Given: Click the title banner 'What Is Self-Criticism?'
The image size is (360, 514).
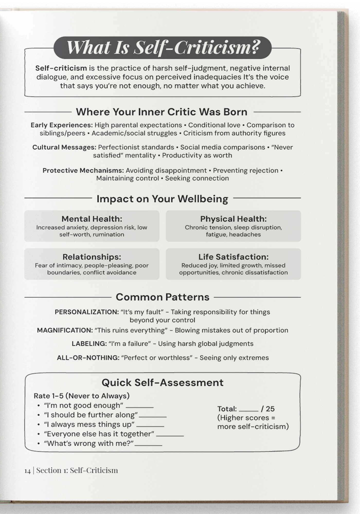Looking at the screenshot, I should point(163,48).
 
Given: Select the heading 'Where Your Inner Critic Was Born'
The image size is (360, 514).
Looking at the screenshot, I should point(161,112).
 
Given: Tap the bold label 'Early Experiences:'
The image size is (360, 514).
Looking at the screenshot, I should point(61,125).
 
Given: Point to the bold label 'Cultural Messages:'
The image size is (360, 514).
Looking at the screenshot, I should point(64,147).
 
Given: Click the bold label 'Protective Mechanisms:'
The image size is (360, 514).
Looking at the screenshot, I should point(83,170).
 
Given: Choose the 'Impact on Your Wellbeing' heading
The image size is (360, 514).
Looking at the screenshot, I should point(162,199).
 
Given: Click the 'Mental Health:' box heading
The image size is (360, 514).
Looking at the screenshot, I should point(92,219).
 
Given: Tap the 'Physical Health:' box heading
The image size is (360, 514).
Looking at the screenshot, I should point(233,219).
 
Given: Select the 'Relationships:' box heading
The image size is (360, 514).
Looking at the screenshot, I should point(92,257).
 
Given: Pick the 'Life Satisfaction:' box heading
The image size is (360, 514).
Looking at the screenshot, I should point(233,257).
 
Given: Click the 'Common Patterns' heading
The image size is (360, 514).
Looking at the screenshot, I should point(163,297).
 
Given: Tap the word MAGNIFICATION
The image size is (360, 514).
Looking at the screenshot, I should point(65,330).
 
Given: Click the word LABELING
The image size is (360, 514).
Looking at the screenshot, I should point(89,344).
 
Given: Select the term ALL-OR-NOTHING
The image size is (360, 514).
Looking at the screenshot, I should point(88,358).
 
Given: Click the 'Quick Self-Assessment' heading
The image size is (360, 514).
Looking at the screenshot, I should point(163,382).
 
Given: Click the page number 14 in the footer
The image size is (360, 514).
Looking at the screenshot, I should point(27,471).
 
